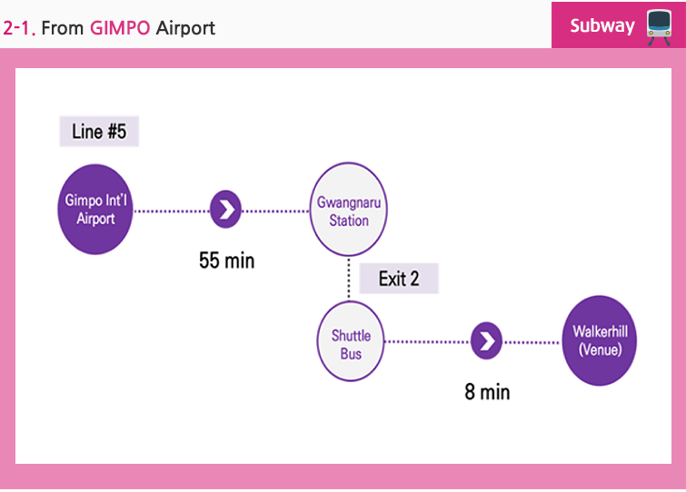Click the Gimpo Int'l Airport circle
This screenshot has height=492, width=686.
[x=94, y=210]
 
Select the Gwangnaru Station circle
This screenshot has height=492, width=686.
[x=349, y=210]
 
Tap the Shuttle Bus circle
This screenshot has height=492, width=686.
[x=351, y=341]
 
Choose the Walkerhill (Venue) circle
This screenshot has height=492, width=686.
[x=600, y=340]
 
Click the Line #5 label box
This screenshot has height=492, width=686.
[x=99, y=131]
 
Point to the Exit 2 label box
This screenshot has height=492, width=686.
[x=399, y=279]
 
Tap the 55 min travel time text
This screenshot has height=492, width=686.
[x=226, y=261]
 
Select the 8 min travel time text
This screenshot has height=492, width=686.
[x=487, y=391]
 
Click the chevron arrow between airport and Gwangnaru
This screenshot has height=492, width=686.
[x=225, y=210]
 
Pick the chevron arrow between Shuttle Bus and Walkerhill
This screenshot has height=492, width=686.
[x=486, y=340]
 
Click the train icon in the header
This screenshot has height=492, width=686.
[x=660, y=27]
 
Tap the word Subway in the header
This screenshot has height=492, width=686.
[x=602, y=25]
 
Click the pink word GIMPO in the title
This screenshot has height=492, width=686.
[x=120, y=28]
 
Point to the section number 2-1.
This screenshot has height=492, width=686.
[x=19, y=28]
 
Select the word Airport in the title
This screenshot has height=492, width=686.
[x=185, y=28]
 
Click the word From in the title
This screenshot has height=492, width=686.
[x=62, y=28]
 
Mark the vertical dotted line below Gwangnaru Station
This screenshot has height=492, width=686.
[x=349, y=279]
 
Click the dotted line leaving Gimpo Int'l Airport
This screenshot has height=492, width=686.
[x=172, y=211]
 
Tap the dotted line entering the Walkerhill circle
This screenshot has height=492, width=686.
[x=532, y=342]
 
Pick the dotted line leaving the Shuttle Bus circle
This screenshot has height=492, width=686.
[x=427, y=341]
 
